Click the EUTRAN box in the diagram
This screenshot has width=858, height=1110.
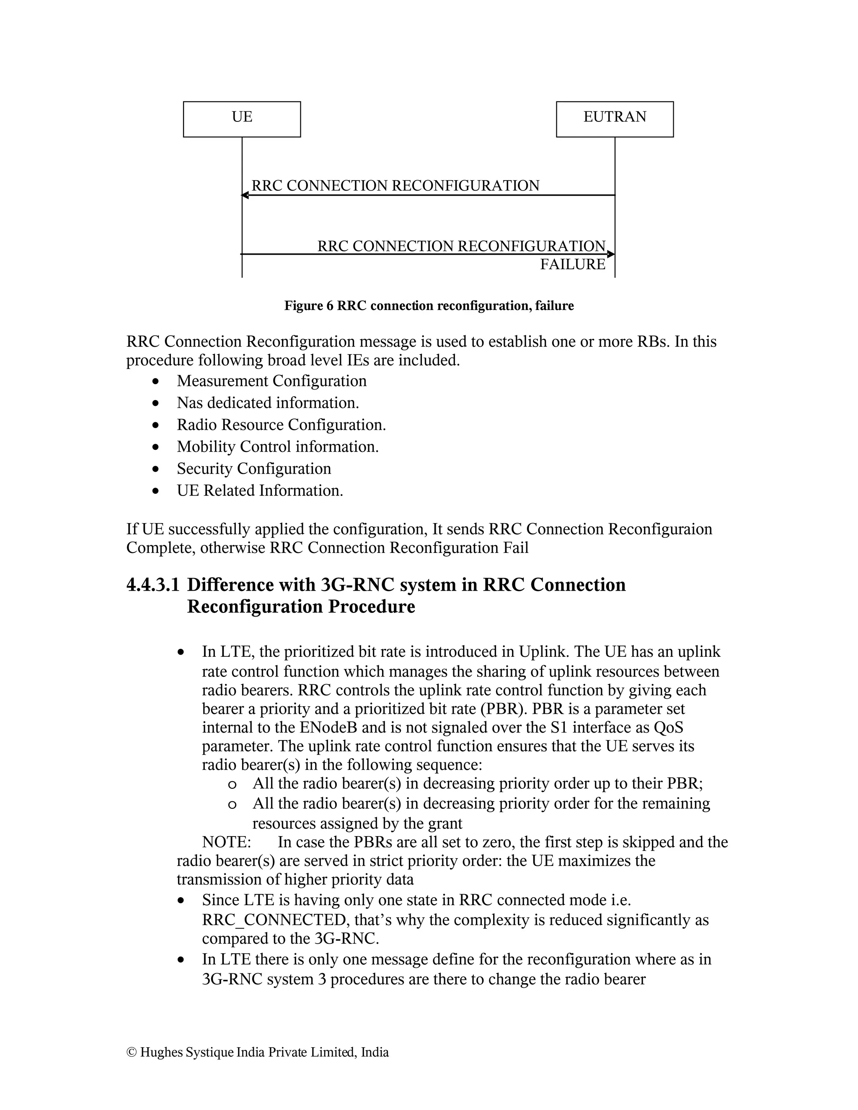[x=614, y=119]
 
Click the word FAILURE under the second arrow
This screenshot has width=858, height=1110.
[x=572, y=265]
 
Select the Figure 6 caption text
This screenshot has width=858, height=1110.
[x=429, y=306]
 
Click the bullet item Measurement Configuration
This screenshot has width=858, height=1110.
[x=271, y=381]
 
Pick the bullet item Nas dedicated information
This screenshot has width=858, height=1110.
[x=267, y=403]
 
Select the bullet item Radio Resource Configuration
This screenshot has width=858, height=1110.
[x=281, y=425]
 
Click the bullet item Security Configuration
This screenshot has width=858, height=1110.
[x=253, y=469]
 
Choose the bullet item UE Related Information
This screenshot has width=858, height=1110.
[x=260, y=490]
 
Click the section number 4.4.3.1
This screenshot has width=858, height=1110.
[x=152, y=585]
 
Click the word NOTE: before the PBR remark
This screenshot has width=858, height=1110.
[x=226, y=842]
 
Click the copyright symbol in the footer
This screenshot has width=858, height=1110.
[x=131, y=1052]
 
